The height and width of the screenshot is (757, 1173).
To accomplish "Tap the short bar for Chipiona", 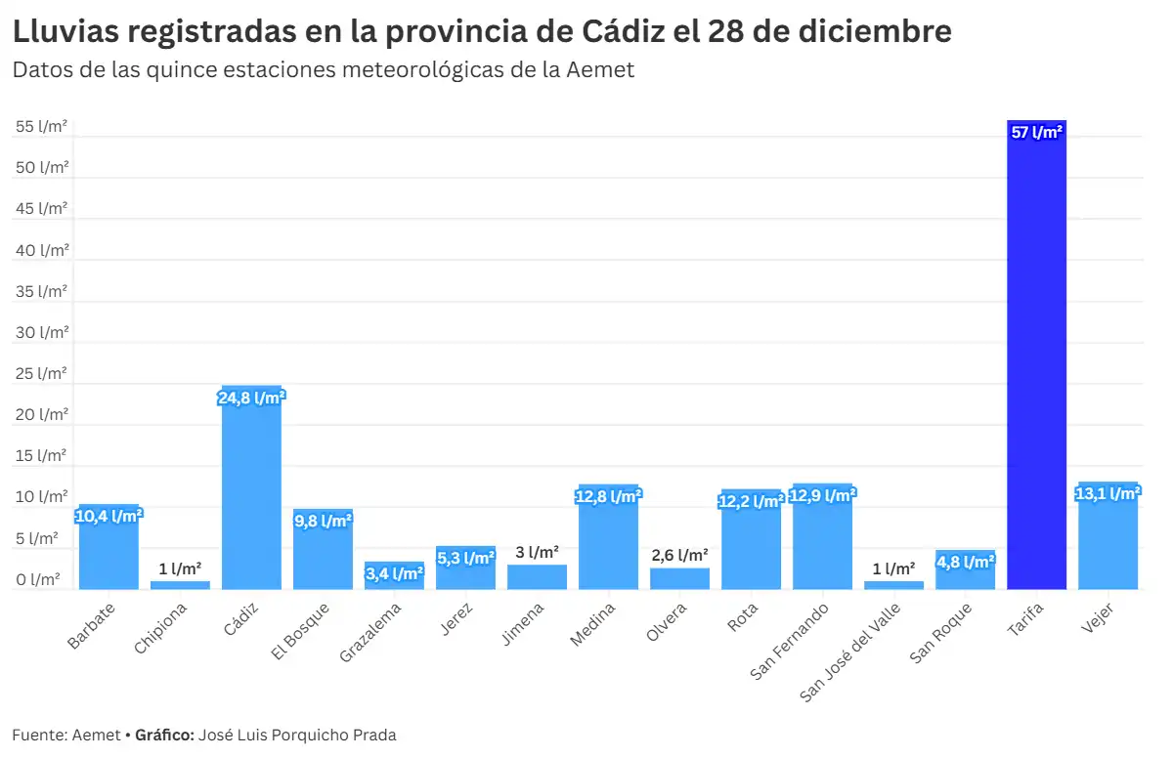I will pos(180,585).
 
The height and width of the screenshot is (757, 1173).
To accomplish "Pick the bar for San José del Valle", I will pos(893,585).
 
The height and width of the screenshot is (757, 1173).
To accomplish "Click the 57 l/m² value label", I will pos(1036,133).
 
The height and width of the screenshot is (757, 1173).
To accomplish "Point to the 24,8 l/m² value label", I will pos(251,398).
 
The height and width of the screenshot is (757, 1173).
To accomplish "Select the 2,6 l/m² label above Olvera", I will pos(679,555).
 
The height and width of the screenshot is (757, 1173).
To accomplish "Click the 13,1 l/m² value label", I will pos(1108,494).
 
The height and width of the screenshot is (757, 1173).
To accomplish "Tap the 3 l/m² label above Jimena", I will pos(537,552).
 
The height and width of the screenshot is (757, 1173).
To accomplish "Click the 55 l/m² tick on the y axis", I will pos(41,127).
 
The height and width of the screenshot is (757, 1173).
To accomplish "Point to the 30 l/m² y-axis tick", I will pos(41,333).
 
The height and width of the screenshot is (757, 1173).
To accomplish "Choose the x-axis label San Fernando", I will pos(791,640).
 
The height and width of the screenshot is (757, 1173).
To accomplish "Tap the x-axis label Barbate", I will pos(92,626).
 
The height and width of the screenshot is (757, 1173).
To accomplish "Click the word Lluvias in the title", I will pos(66,31).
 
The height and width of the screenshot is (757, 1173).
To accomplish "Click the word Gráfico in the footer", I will pos(163,736).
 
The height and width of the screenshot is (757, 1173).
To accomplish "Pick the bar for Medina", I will pos(608,542).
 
